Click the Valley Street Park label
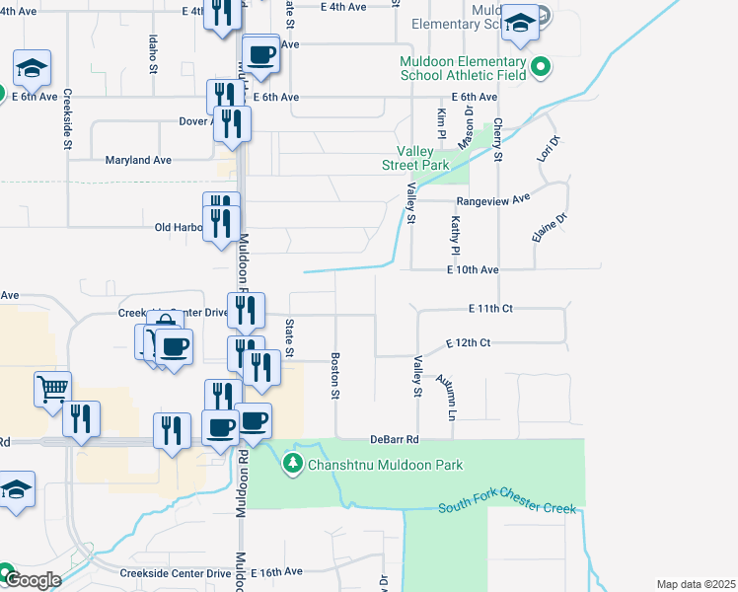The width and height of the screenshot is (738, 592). [x=415, y=159]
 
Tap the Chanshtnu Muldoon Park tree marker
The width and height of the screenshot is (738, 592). [x=292, y=463]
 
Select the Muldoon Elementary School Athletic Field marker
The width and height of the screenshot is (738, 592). [x=540, y=68]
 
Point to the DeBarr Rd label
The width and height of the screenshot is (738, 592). [x=395, y=439]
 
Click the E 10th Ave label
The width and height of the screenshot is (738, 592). [x=473, y=269]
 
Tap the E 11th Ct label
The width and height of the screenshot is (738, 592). [x=492, y=309]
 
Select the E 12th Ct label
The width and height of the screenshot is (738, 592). [x=468, y=343]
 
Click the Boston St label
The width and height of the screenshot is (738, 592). [x=335, y=376]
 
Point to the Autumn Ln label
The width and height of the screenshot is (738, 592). [x=445, y=395]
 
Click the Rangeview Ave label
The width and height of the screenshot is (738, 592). [x=500, y=198]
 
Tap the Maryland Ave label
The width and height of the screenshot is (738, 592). [x=138, y=160]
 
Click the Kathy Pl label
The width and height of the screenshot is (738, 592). [x=456, y=234]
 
